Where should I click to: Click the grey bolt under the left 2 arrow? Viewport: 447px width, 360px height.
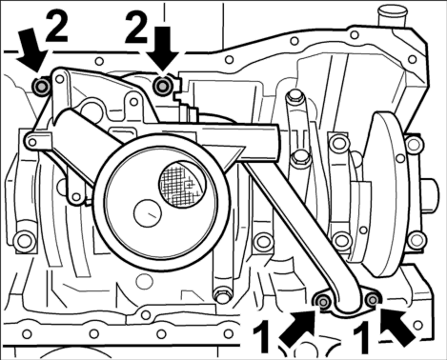pyautogui.click(x=41, y=86)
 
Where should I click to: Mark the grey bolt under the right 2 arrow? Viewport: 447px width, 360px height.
pyautogui.click(x=162, y=86)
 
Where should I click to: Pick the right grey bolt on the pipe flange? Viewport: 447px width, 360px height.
pyautogui.click(x=372, y=299)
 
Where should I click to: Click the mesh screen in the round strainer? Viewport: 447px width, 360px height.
pyautogui.click(x=182, y=183)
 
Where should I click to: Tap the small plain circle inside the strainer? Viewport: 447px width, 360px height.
pyautogui.click(x=148, y=213)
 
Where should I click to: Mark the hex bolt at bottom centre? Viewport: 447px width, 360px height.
pyautogui.click(x=221, y=294)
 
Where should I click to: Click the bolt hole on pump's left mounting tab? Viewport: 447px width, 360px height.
pyautogui.click(x=32, y=143)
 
